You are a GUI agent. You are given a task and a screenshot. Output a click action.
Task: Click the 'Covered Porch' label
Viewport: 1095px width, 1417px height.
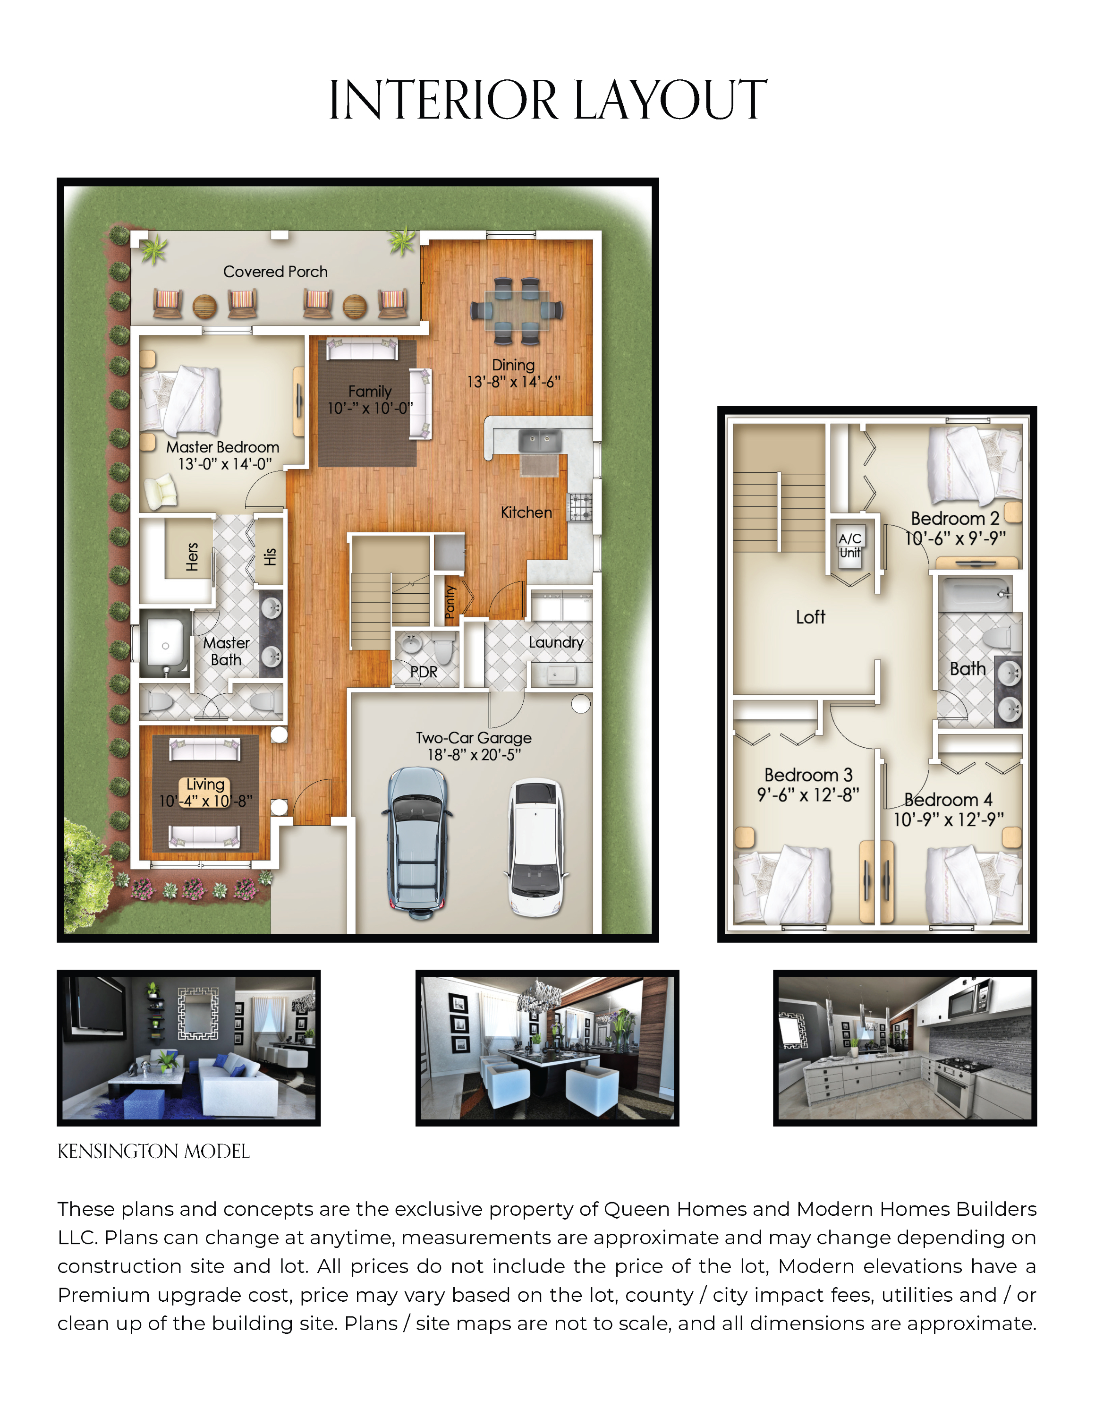pos(275,272)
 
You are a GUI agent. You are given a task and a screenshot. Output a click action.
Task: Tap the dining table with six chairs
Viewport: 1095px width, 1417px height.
pos(517,311)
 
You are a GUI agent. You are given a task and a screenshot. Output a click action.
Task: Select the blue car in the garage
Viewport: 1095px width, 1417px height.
pos(418,842)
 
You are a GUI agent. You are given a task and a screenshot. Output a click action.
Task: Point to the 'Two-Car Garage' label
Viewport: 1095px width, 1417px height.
pos(474,738)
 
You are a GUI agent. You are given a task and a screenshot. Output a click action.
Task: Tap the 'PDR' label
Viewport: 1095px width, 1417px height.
pos(424,672)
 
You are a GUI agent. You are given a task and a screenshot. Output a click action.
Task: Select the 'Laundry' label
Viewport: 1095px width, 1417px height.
pos(556,642)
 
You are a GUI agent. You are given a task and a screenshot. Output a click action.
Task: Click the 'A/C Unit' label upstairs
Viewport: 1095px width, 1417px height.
pos(850,545)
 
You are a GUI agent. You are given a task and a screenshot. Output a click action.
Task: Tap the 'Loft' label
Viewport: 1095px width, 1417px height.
pos(810,617)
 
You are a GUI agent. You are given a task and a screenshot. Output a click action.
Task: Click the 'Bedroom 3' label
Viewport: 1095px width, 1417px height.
pos(808,775)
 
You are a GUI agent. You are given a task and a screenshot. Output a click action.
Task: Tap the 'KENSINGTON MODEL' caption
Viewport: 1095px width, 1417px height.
pos(154,1152)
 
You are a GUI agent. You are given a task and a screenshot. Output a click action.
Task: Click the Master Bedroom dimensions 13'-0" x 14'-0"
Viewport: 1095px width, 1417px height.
pos(225,464)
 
